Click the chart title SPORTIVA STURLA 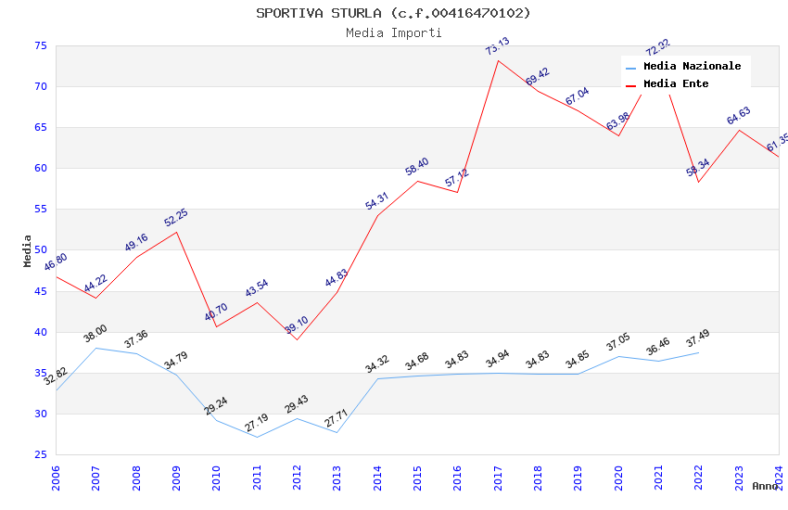[x=393, y=13]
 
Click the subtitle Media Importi [x=393, y=32]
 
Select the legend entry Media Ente [x=675, y=83]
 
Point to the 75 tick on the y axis [x=40, y=45]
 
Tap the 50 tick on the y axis [x=40, y=250]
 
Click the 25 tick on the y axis [x=40, y=454]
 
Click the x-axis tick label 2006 [x=56, y=477]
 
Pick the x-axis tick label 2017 [x=498, y=477]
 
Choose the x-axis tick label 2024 [x=779, y=477]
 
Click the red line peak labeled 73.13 [x=498, y=61]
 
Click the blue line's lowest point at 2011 [x=257, y=437]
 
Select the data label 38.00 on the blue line [x=95, y=335]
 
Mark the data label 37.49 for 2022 [x=697, y=339]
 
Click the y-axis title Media [x=28, y=250]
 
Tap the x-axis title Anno [x=766, y=486]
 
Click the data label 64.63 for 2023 [x=739, y=116]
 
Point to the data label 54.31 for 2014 [x=377, y=202]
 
